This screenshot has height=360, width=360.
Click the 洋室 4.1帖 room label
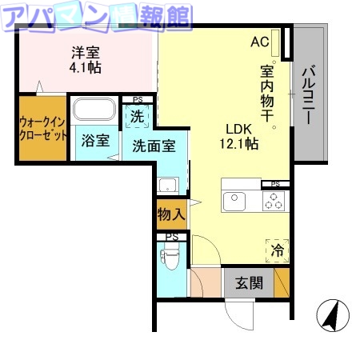[x=86, y=60]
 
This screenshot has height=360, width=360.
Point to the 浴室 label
[x=96, y=141]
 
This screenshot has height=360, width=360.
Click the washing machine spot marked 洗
[x=138, y=115]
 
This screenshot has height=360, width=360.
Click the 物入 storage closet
[x=170, y=214]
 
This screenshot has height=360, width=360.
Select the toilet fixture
[x=170, y=259]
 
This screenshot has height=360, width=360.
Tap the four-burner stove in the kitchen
[x=273, y=202]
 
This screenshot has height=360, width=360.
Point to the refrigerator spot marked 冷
[x=277, y=249]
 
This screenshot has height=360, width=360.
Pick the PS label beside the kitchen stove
[x=276, y=184]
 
